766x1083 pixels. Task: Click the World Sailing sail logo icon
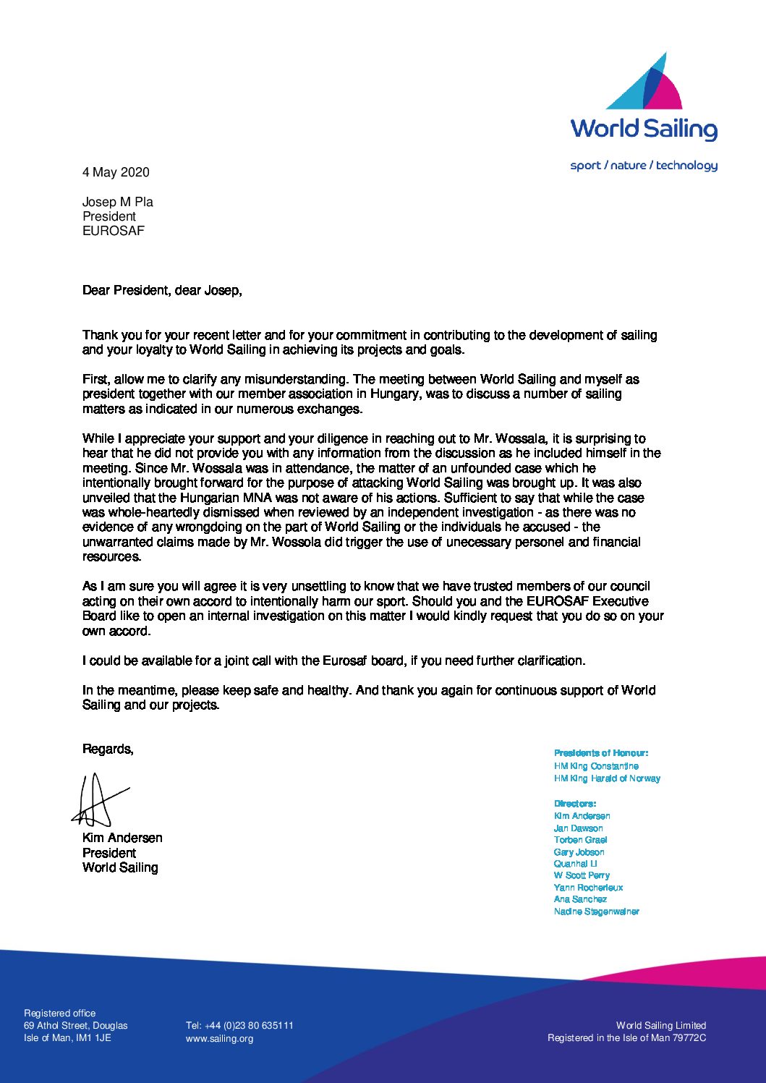click(644, 81)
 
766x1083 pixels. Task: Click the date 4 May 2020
click(116, 172)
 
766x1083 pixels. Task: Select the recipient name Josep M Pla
click(118, 202)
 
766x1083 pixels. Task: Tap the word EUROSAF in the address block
click(114, 231)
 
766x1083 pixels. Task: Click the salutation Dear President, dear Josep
click(162, 290)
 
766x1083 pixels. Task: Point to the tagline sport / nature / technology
click(644, 166)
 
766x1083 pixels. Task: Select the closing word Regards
click(108, 749)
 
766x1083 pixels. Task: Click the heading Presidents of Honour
click(601, 753)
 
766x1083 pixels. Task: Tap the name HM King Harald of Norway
click(607, 778)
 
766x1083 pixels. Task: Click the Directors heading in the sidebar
click(575, 804)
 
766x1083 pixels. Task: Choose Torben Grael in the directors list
click(580, 840)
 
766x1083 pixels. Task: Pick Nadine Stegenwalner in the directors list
click(596, 912)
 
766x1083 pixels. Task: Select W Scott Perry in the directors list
click(582, 875)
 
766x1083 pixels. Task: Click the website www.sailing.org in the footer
click(219, 1039)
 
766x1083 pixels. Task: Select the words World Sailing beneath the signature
click(120, 867)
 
